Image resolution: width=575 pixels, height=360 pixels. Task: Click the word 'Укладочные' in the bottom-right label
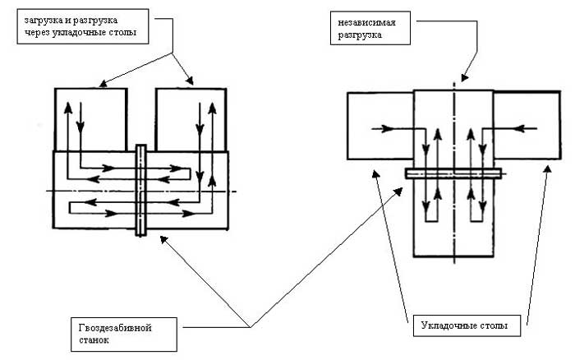pyautogui.click(x=444, y=326)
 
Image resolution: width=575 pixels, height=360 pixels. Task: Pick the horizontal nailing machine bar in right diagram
pyautogui.click(x=453, y=173)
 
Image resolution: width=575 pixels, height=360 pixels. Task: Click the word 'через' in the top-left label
pyautogui.click(x=38, y=34)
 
